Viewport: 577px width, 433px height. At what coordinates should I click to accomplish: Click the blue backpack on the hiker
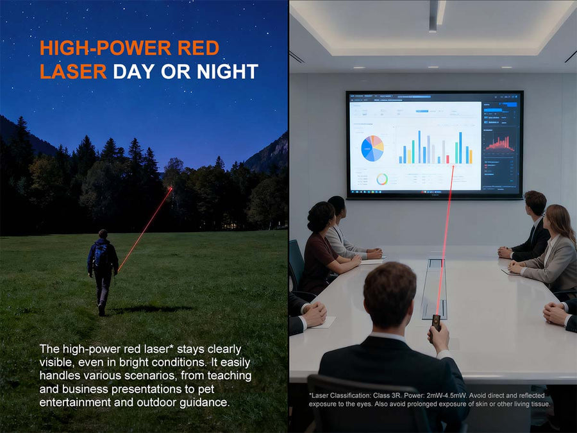click(x=101, y=255)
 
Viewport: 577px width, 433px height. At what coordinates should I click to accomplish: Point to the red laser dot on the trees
click(x=171, y=189)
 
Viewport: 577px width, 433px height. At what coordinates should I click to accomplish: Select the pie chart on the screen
click(x=372, y=148)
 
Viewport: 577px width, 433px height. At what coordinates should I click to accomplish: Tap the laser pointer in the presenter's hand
click(x=437, y=321)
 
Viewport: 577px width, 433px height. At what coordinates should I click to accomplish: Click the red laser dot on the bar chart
click(x=454, y=166)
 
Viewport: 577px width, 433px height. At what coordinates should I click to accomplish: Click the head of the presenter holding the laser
click(x=390, y=295)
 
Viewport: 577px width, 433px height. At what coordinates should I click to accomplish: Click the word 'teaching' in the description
click(x=228, y=376)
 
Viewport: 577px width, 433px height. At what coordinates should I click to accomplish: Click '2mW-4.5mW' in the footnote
click(x=470, y=395)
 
